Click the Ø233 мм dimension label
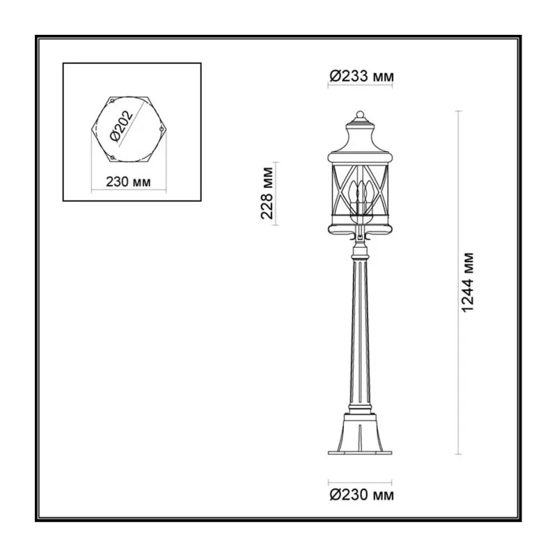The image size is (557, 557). click(x=361, y=77)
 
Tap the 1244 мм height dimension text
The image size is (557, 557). click(x=468, y=283)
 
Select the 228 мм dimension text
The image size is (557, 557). click(x=267, y=193)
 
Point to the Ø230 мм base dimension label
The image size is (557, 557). click(x=361, y=494)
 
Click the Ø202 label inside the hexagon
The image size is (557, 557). click(x=121, y=126)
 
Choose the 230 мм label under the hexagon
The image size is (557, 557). click(x=128, y=182)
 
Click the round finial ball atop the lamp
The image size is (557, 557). click(x=360, y=114)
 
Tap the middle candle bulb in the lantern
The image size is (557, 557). click(x=361, y=192)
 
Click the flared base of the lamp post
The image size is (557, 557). click(x=360, y=432)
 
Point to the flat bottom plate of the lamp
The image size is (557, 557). click(x=360, y=453)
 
